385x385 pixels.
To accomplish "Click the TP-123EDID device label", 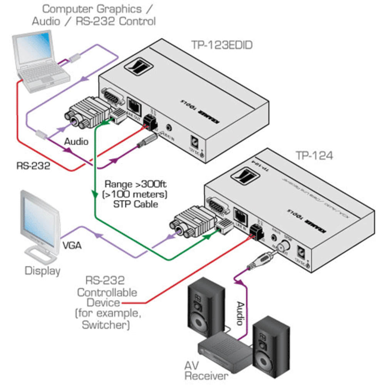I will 222,45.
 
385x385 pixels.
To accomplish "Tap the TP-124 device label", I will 314,156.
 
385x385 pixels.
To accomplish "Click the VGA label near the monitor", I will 72,245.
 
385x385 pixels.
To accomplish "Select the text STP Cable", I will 131,204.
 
